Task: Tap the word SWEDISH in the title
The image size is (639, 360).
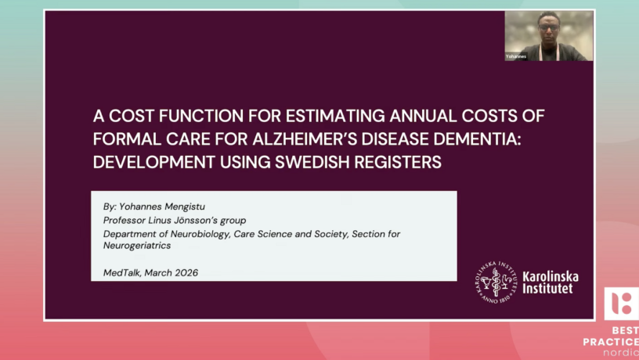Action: point(312,162)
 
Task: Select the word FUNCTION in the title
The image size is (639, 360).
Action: point(201,116)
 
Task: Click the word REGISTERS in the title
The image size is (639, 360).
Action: point(397,162)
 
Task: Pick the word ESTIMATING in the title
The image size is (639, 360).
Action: point(335,116)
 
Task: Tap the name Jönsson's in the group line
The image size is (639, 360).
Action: point(196,221)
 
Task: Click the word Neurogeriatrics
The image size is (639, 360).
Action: point(137,246)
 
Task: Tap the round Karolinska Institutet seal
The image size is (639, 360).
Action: point(496,283)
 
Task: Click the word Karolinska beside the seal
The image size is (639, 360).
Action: point(551,276)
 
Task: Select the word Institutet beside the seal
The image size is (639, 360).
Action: point(547,288)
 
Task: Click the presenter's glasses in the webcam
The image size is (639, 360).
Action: point(548,28)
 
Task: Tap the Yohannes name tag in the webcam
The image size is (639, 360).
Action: point(516,56)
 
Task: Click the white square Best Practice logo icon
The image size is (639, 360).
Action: point(622,304)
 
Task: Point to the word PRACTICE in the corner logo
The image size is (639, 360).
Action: point(611,341)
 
